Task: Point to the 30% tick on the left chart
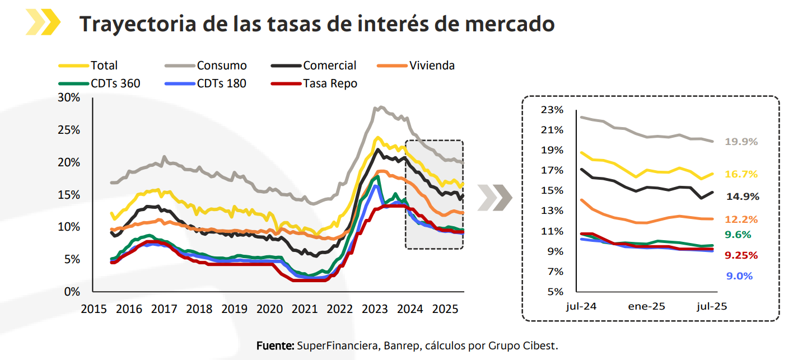coord(69,98)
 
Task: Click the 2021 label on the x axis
coord(305,308)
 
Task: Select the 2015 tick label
coord(93,308)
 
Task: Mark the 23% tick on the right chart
coord(552,110)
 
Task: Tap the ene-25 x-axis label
coord(647,306)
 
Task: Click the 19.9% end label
coord(741,142)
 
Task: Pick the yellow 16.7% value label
coord(741,174)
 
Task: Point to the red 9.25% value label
coord(741,255)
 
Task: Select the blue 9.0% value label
coord(739,276)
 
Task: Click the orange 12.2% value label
coord(741,219)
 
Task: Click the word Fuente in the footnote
coord(274,345)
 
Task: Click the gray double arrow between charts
coord(495,198)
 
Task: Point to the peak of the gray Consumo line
coord(381,106)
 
